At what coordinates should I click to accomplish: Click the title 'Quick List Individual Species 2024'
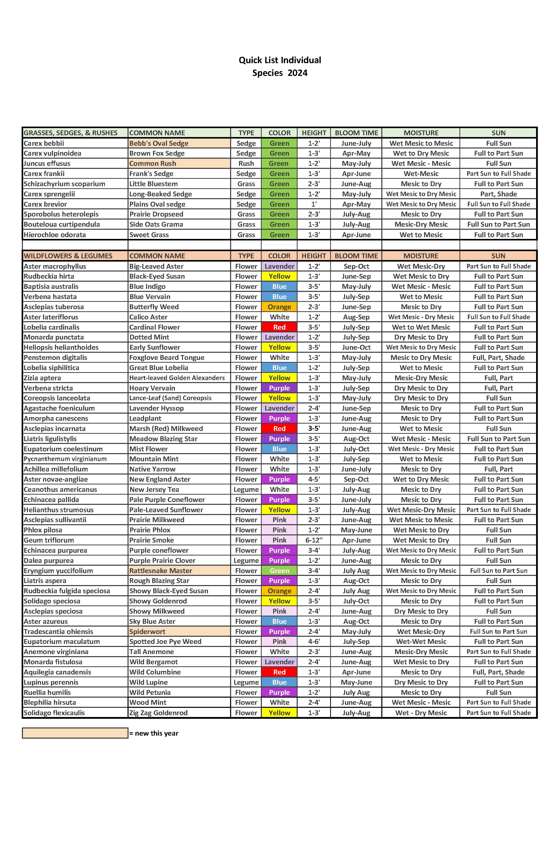[x=280, y=66]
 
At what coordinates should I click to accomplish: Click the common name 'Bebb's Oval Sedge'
[x=159, y=143]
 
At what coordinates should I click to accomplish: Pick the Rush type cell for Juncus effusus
[x=246, y=163]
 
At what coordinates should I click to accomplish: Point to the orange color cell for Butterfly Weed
[x=279, y=307]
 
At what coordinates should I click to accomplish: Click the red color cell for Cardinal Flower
[x=279, y=327]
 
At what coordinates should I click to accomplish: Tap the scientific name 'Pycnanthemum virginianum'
[x=65, y=459]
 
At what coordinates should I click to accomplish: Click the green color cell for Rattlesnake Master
[x=279, y=571]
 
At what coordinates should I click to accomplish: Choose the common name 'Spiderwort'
[x=147, y=631]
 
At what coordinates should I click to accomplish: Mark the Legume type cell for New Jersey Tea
[x=246, y=489]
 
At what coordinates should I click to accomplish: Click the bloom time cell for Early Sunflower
[x=356, y=347]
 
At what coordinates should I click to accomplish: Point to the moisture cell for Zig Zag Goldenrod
[x=421, y=713]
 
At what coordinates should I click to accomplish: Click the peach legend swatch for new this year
[x=75, y=733]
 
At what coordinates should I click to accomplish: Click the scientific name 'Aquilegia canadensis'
[x=58, y=672]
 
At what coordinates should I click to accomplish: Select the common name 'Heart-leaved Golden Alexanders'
[x=177, y=378]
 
